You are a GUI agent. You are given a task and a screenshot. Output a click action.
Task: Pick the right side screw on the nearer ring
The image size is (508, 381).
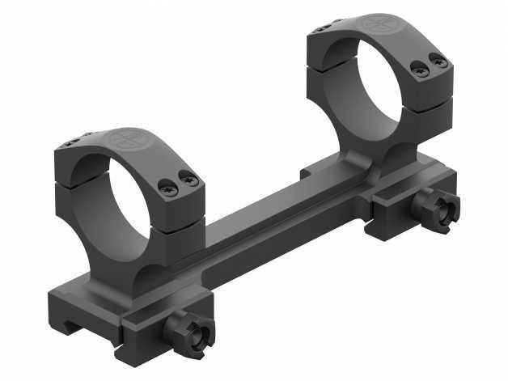190,180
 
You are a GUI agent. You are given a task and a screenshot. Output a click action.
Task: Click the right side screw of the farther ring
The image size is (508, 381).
439,61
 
